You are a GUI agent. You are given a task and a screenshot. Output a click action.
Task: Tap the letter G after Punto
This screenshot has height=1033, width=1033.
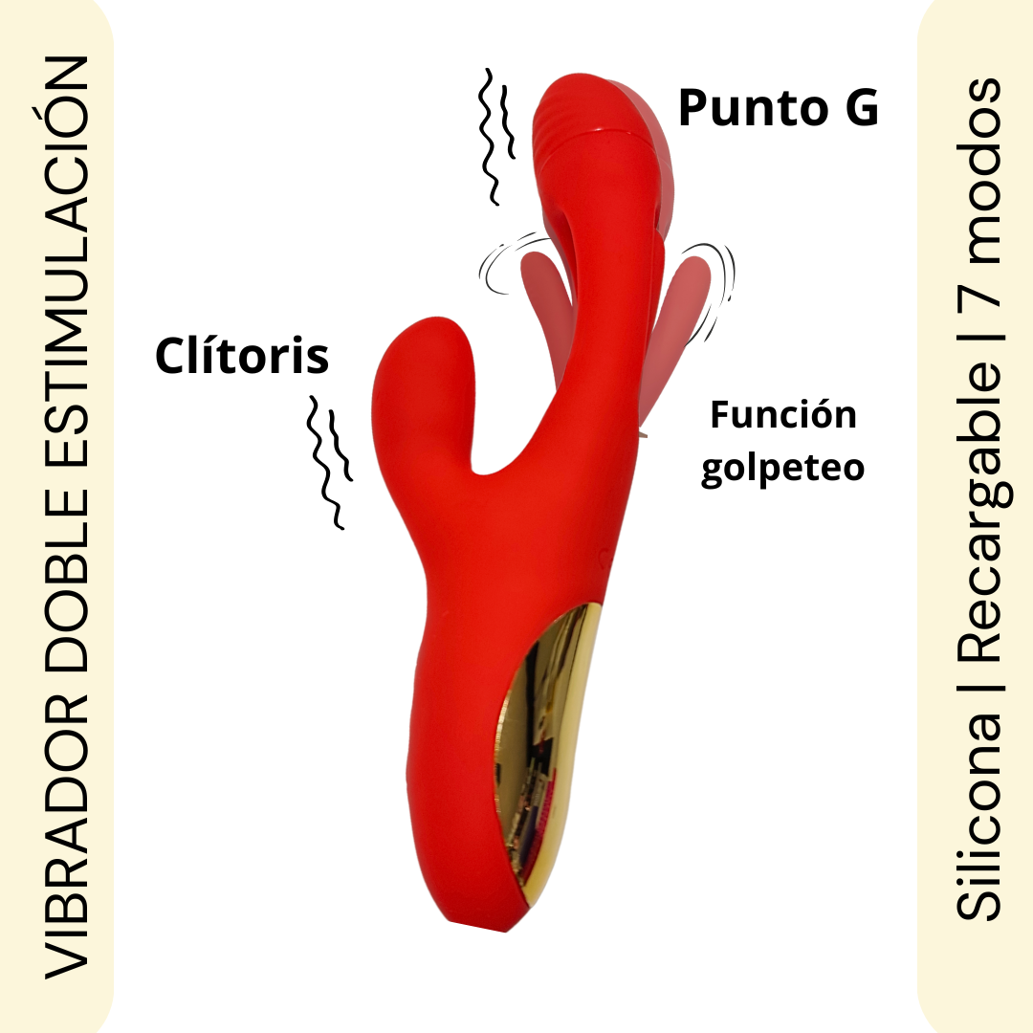[859, 108]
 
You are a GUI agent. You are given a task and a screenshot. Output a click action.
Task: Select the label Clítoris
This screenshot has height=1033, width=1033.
[242, 358]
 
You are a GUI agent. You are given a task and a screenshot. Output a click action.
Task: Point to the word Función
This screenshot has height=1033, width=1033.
[782, 416]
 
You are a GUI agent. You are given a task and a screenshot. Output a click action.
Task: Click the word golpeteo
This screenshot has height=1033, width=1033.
[782, 469]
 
